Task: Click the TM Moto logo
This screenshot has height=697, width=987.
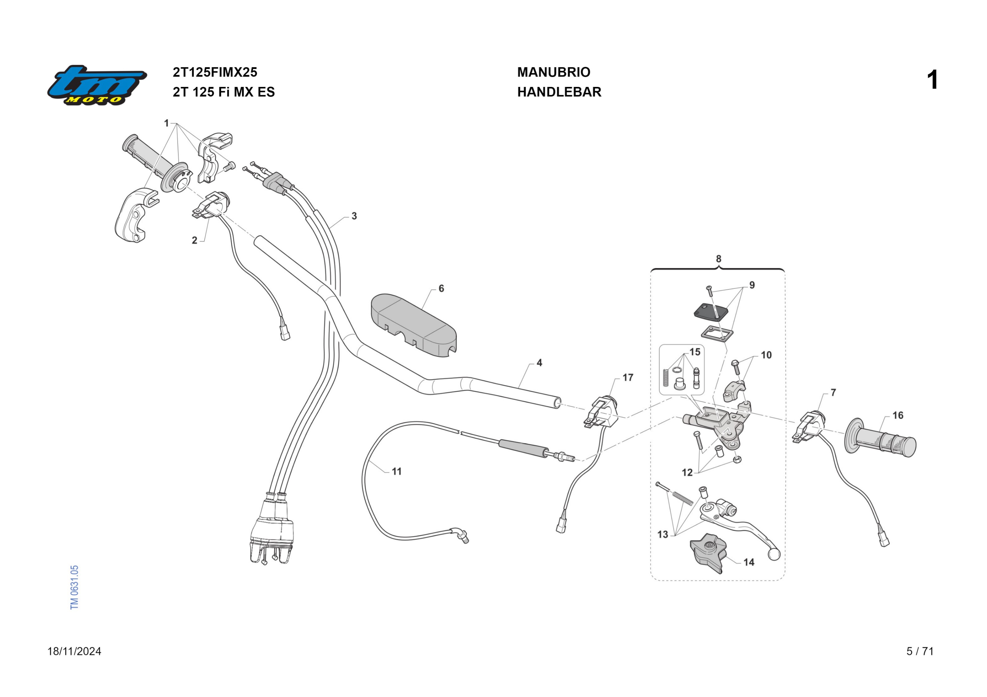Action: pos(97,85)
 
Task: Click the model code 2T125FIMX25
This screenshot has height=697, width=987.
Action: pos(215,72)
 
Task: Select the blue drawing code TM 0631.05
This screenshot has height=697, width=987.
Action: pos(74,587)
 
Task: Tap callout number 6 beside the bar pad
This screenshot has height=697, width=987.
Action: pos(441,288)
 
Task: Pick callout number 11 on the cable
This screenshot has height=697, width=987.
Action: pos(396,471)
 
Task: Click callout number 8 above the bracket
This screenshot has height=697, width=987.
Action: pos(718,259)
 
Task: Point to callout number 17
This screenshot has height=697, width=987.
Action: pos(628,378)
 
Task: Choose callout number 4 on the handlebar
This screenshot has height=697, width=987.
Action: pos(539,363)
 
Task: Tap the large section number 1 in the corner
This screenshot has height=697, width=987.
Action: pos(932,80)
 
